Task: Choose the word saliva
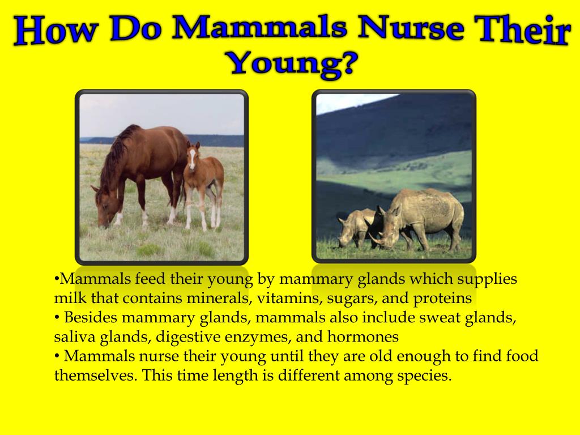[x=73, y=336]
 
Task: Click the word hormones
[x=362, y=336]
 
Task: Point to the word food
[x=521, y=356]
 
